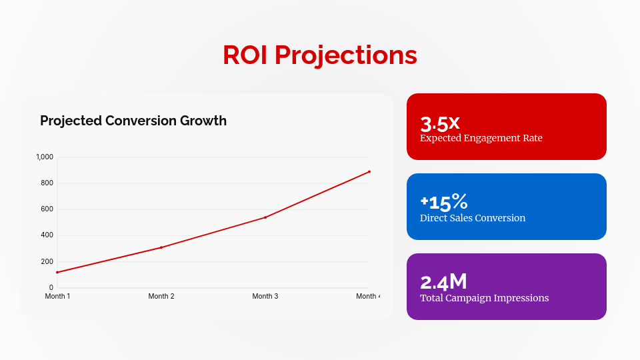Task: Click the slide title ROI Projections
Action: click(320, 55)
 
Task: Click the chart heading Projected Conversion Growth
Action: click(133, 121)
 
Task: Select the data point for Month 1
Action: click(57, 272)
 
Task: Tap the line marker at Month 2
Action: click(161, 247)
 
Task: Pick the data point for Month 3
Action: click(265, 217)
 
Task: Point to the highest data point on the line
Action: click(369, 172)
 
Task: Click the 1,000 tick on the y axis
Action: click(45, 157)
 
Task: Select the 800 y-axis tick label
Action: click(47, 183)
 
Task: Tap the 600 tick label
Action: click(47, 209)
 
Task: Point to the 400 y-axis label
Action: click(47, 235)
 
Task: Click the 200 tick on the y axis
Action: click(47, 261)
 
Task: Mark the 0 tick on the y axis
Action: click(51, 287)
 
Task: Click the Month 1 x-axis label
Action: click(57, 296)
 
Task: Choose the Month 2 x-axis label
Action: click(161, 296)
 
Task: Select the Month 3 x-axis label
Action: click(265, 296)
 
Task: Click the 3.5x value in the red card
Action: click(440, 123)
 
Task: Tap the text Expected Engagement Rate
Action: click(481, 138)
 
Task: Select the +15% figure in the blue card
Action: click(444, 202)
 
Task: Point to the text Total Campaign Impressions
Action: click(485, 298)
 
